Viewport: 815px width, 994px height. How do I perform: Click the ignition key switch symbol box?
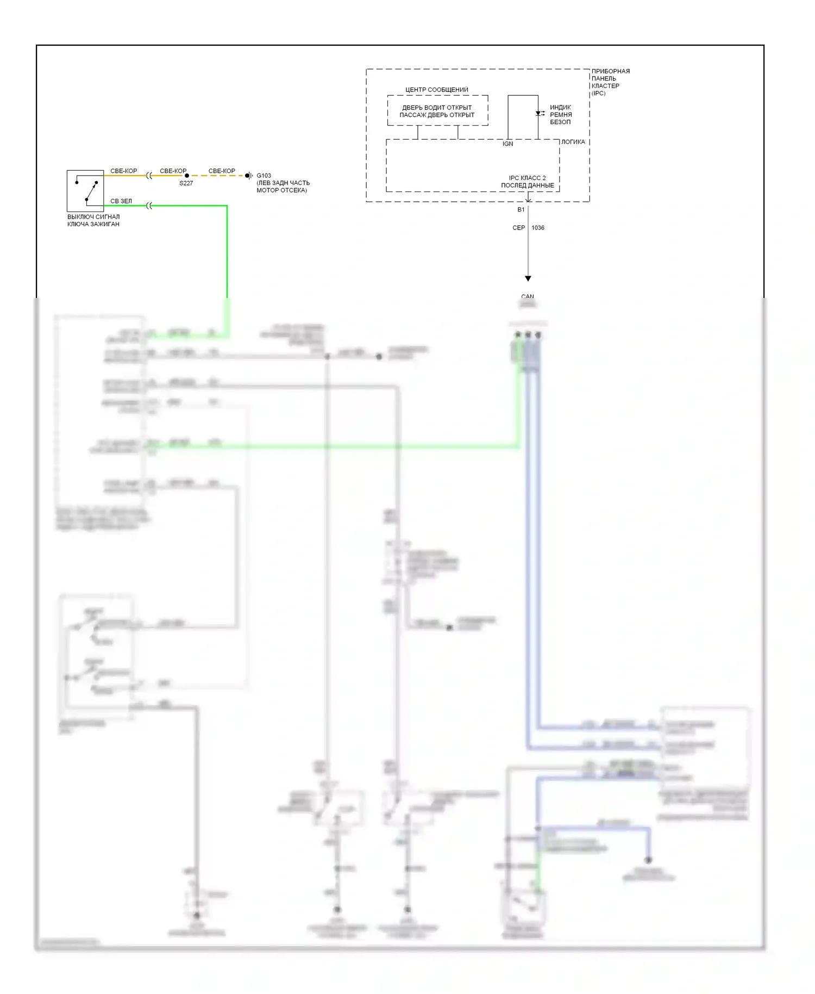click(85, 190)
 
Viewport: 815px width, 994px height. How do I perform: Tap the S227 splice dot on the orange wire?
click(187, 176)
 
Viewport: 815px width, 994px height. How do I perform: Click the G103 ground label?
click(264, 176)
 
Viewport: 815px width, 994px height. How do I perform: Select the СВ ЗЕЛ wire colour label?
click(121, 201)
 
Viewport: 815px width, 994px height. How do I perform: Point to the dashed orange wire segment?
click(217, 176)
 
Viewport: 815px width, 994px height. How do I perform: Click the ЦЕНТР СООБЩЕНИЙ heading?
click(436, 90)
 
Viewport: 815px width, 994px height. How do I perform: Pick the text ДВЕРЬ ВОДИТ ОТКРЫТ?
click(437, 108)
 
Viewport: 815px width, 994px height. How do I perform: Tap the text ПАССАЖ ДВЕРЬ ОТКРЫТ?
click(437, 115)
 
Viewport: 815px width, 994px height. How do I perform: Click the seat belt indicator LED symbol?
click(538, 114)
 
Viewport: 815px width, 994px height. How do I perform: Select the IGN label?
click(507, 144)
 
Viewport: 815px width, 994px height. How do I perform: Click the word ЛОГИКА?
click(573, 142)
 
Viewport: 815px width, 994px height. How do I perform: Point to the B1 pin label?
click(521, 210)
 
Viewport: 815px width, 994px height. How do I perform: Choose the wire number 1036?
click(538, 228)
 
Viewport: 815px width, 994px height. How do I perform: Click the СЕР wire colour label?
click(518, 228)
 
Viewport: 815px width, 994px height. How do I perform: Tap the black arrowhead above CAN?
click(528, 278)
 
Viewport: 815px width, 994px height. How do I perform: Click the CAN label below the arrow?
click(528, 297)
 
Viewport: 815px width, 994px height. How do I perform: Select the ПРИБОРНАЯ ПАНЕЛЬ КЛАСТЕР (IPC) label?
click(610, 82)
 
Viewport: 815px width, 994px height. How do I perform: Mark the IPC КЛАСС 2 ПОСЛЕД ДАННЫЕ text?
click(527, 182)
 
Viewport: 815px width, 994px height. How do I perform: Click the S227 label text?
click(186, 184)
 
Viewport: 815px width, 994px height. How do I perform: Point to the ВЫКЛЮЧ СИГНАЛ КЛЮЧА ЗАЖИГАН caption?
click(93, 220)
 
